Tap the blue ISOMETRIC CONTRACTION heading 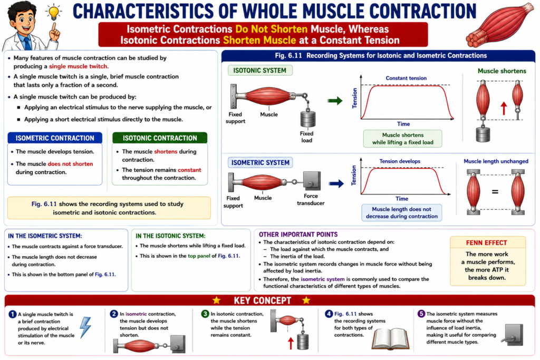point(55,138)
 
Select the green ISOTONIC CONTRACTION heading point(160,138)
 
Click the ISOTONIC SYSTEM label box point(260,71)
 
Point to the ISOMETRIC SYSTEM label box point(261,162)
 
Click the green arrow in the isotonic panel point(335,101)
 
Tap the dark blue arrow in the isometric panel point(336,183)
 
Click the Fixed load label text point(306,137)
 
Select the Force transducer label point(311,200)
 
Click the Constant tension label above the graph point(406,78)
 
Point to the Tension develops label point(400,161)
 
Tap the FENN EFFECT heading point(487,242)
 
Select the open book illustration point(391,339)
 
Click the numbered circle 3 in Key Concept point(205,314)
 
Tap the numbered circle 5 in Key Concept point(421,314)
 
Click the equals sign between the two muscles point(495,192)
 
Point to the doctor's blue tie point(27,43)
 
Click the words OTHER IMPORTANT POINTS point(298,235)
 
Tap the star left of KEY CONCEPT point(217,300)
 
